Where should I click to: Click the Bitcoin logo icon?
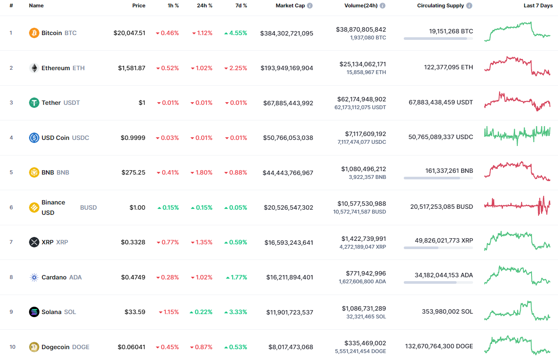pos(34,33)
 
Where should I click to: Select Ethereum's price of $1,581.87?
pos(132,68)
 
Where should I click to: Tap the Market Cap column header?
pos(290,6)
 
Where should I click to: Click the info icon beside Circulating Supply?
pos(469,6)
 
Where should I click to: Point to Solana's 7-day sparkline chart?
pos(517,311)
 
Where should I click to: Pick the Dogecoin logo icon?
pos(34,347)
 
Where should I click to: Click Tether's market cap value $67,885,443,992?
pos(288,103)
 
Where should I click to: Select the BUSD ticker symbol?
pos(88,208)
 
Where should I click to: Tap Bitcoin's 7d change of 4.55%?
pos(236,33)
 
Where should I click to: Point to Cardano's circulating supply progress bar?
pos(438,282)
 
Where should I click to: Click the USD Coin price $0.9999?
pos(133,138)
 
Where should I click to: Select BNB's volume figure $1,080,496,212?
pos(363,169)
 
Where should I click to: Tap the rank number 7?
pos(11,242)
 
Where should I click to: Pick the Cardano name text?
pos(54,277)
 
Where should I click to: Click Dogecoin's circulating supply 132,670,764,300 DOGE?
pos(439,346)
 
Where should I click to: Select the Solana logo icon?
pos(34,312)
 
